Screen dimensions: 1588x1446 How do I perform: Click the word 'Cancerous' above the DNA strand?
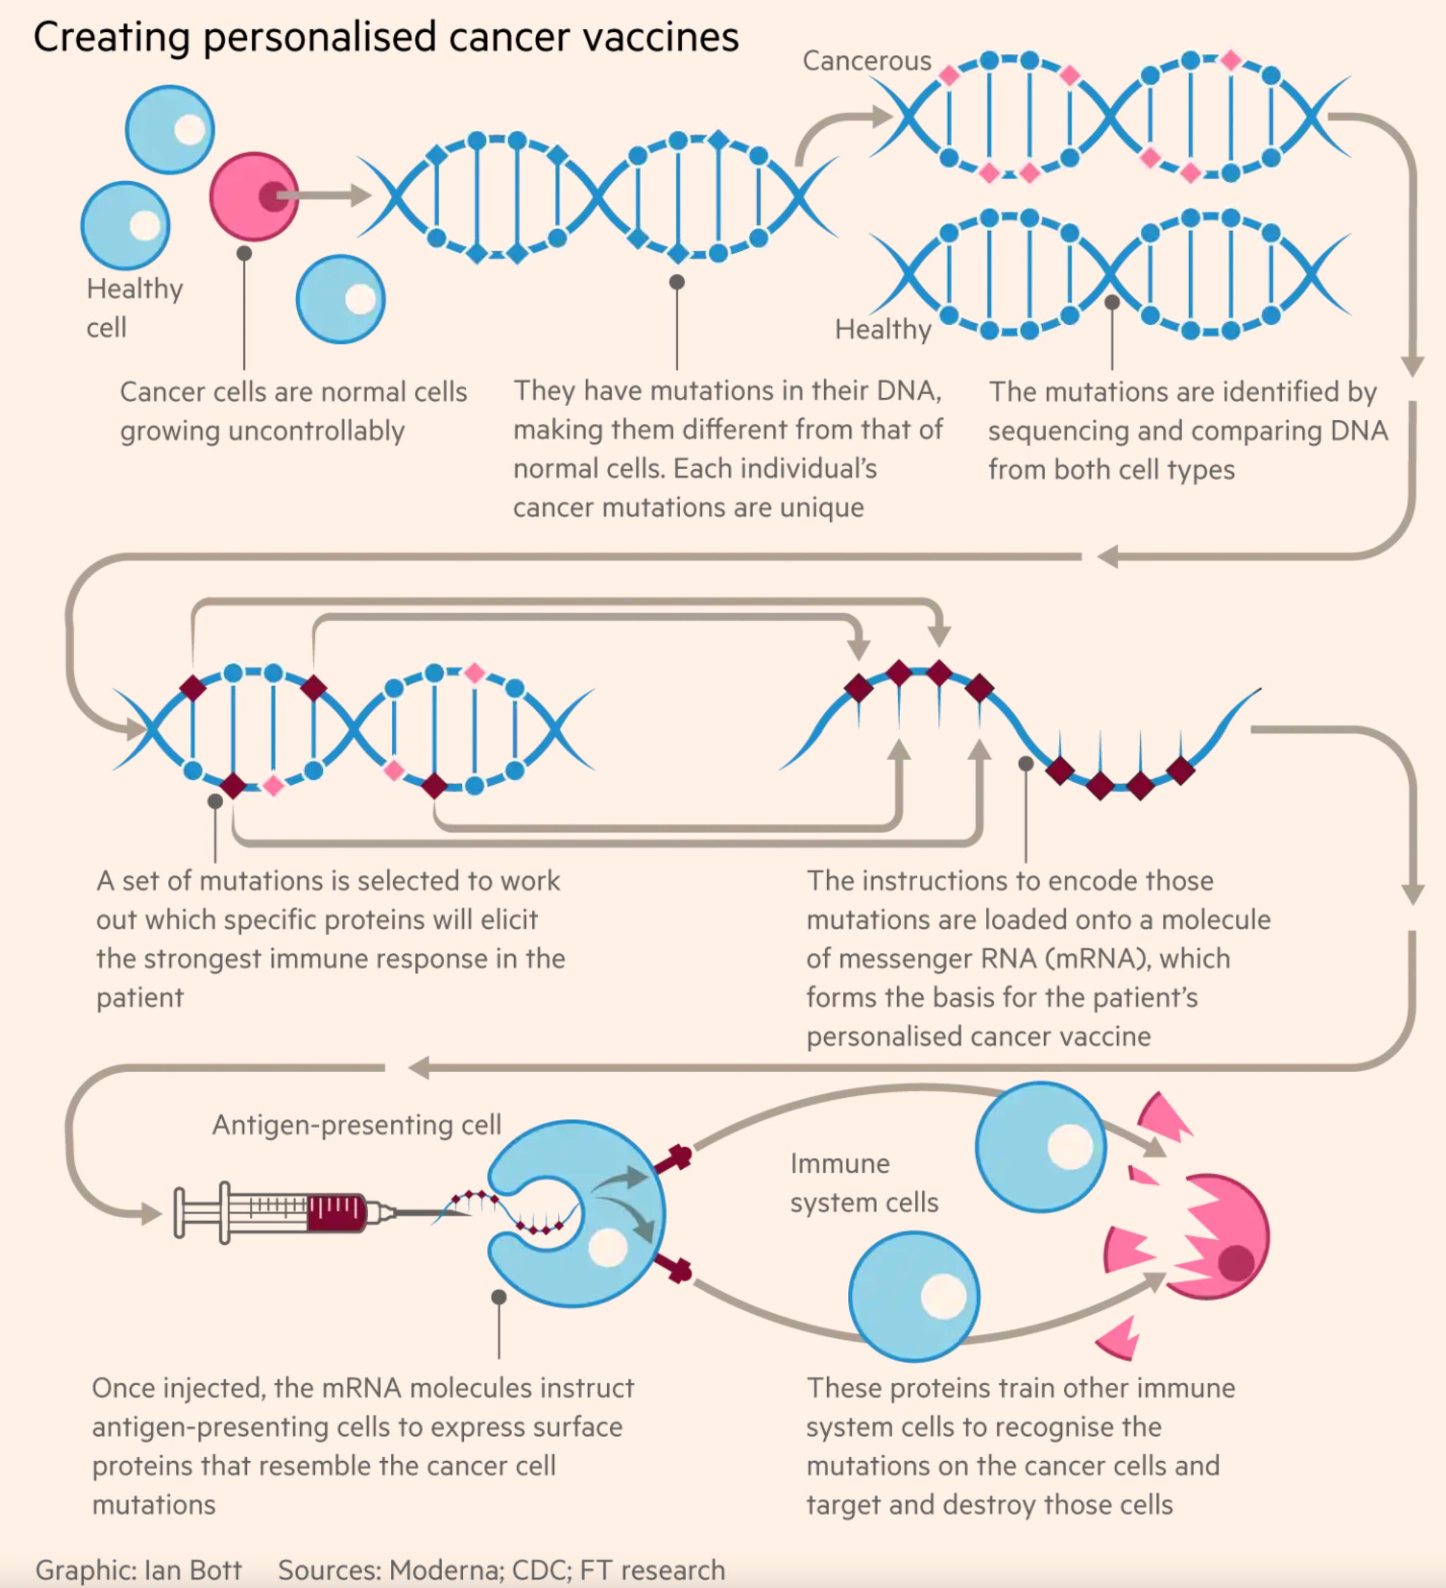[866, 61]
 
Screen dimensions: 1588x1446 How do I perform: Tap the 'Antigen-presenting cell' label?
[356, 1125]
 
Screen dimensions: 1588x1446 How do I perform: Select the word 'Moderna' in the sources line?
[445, 1569]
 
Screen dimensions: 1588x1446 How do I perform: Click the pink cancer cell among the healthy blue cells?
[254, 196]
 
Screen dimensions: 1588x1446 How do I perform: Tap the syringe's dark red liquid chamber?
[336, 1213]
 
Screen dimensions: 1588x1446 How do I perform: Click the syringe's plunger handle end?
[179, 1213]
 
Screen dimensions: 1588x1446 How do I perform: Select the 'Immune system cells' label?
[863, 1183]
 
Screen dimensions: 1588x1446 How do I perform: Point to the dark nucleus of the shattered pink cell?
[1236, 1263]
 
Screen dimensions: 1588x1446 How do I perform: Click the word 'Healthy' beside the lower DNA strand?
[882, 329]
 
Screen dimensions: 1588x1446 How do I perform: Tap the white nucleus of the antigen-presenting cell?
[608, 1248]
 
